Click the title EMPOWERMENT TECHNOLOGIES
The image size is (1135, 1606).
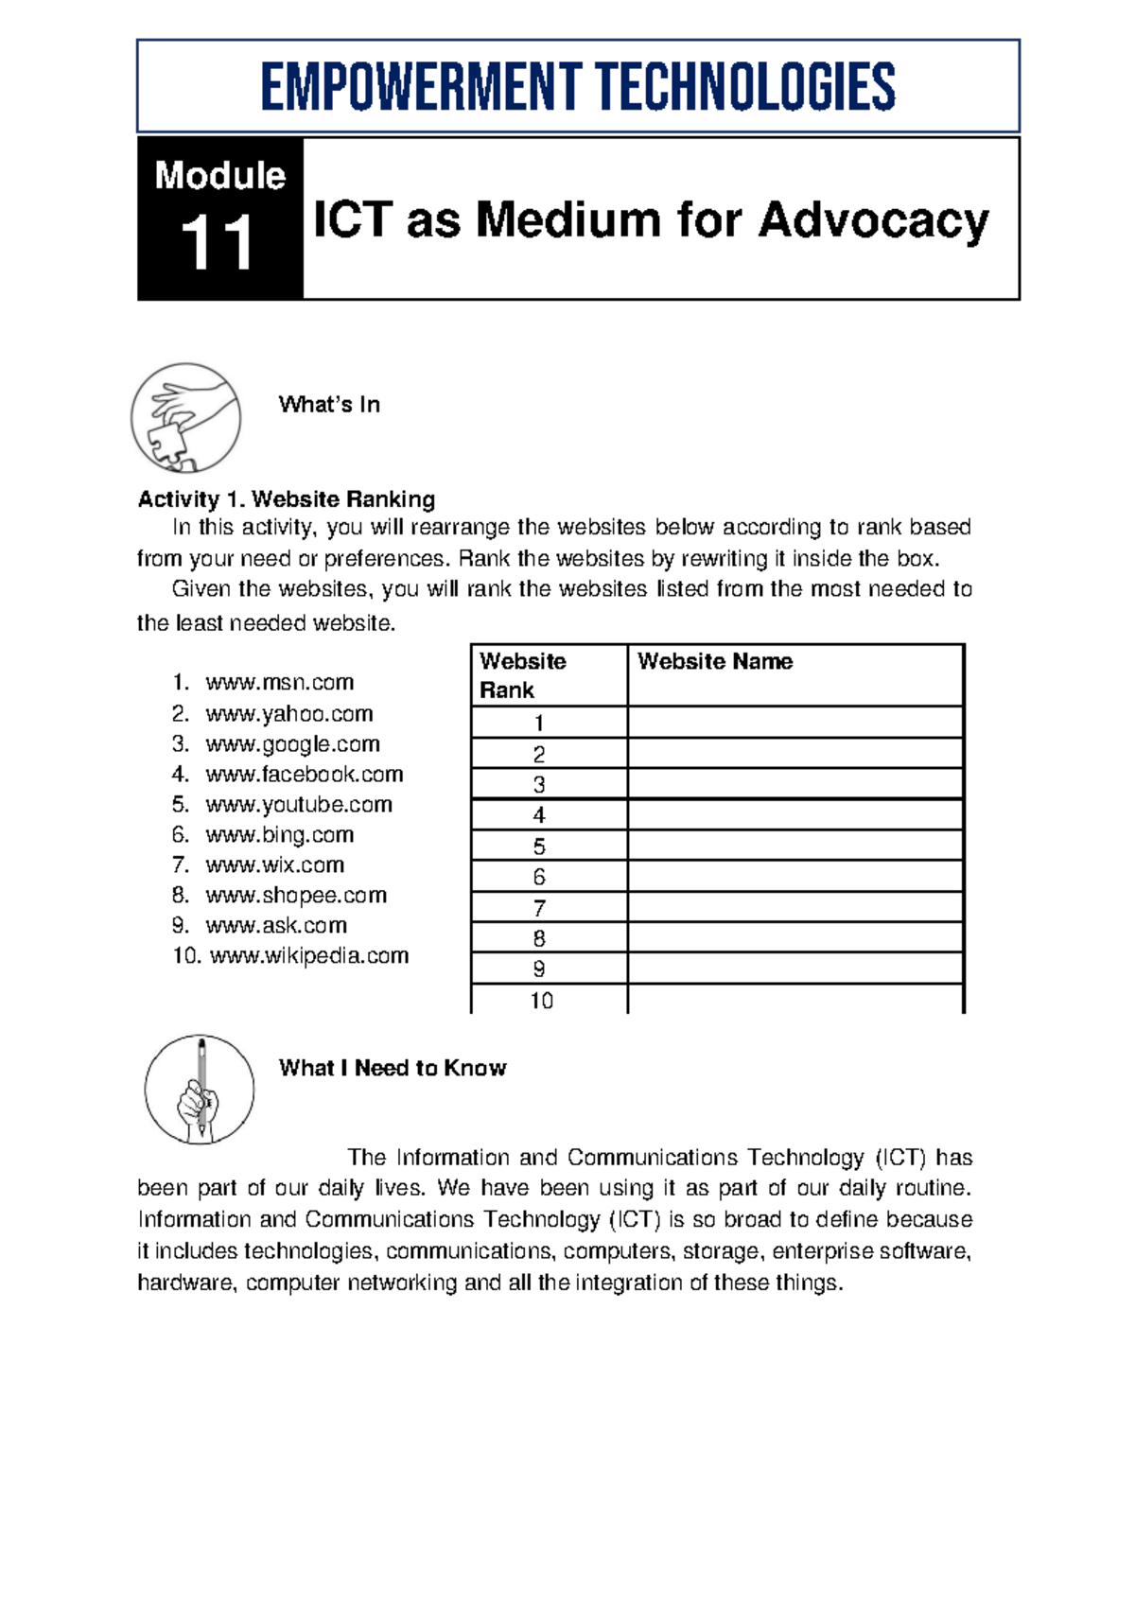tap(578, 87)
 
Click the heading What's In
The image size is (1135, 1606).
tap(329, 405)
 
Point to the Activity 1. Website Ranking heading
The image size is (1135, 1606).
tap(287, 499)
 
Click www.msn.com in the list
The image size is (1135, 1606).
tap(279, 683)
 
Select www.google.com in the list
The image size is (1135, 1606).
tap(292, 744)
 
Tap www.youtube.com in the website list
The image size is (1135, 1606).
tap(298, 805)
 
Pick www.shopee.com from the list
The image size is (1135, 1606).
tap(296, 896)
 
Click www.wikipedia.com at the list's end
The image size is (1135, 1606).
tap(308, 956)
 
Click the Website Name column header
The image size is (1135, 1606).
tap(715, 662)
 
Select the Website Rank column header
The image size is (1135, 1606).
tap(522, 675)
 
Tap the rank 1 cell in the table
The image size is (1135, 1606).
tap(539, 724)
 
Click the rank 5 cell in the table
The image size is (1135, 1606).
tap(539, 847)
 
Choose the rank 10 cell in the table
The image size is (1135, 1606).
tap(541, 1001)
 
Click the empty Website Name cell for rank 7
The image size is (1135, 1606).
tap(794, 908)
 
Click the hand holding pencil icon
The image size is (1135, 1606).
tap(200, 1090)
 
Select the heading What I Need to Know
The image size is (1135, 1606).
tap(393, 1069)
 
